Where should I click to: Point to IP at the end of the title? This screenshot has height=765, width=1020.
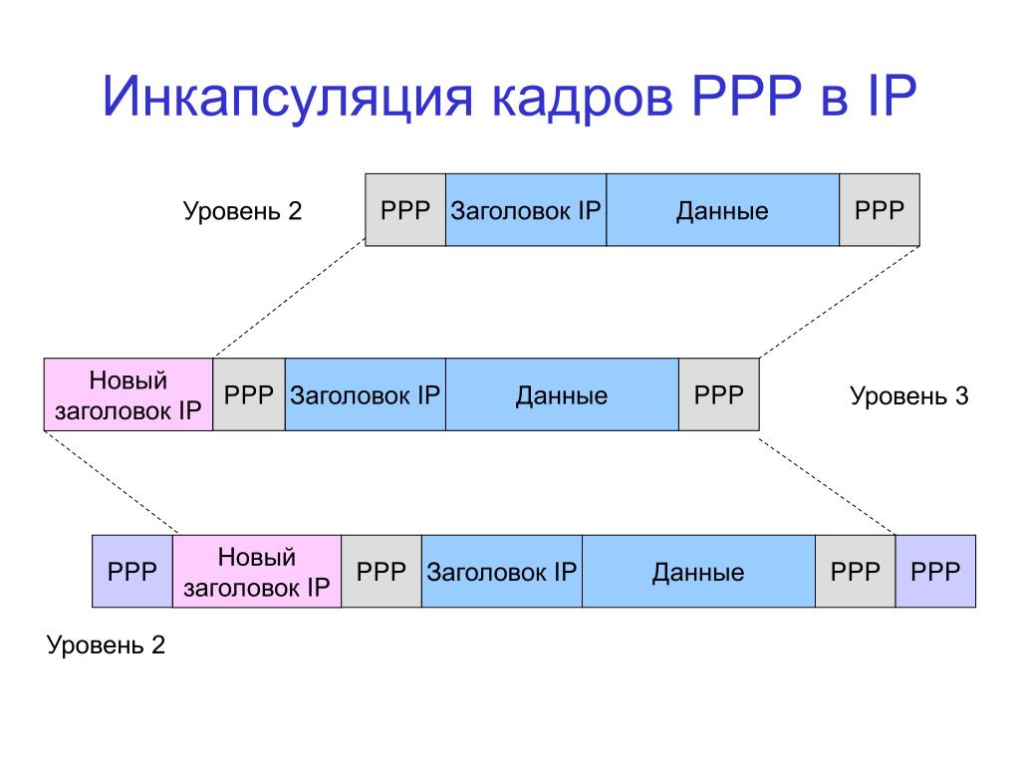(x=885, y=101)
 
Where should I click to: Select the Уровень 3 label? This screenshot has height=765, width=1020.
(x=908, y=396)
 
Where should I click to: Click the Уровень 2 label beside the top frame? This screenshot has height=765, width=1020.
(x=242, y=211)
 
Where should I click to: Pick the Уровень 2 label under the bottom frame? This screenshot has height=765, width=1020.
(x=107, y=645)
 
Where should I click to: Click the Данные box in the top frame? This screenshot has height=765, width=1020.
(x=722, y=210)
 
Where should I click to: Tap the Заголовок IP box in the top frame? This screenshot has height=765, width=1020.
(x=526, y=210)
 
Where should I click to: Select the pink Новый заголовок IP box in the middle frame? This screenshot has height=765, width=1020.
(x=128, y=395)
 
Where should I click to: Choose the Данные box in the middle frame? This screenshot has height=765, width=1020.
(x=562, y=395)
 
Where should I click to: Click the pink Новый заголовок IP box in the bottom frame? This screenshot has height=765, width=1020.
(x=257, y=572)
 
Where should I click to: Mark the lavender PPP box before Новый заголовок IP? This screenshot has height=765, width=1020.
(x=132, y=572)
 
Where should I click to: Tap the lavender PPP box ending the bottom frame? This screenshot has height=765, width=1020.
(x=935, y=572)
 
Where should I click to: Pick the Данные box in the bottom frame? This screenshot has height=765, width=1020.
(x=698, y=572)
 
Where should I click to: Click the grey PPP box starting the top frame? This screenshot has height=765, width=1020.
(x=405, y=210)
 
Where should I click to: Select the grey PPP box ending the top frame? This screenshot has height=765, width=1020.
(x=879, y=210)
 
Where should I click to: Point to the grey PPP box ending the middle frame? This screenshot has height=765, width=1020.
(x=719, y=395)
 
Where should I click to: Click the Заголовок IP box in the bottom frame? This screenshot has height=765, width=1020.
(x=502, y=572)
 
